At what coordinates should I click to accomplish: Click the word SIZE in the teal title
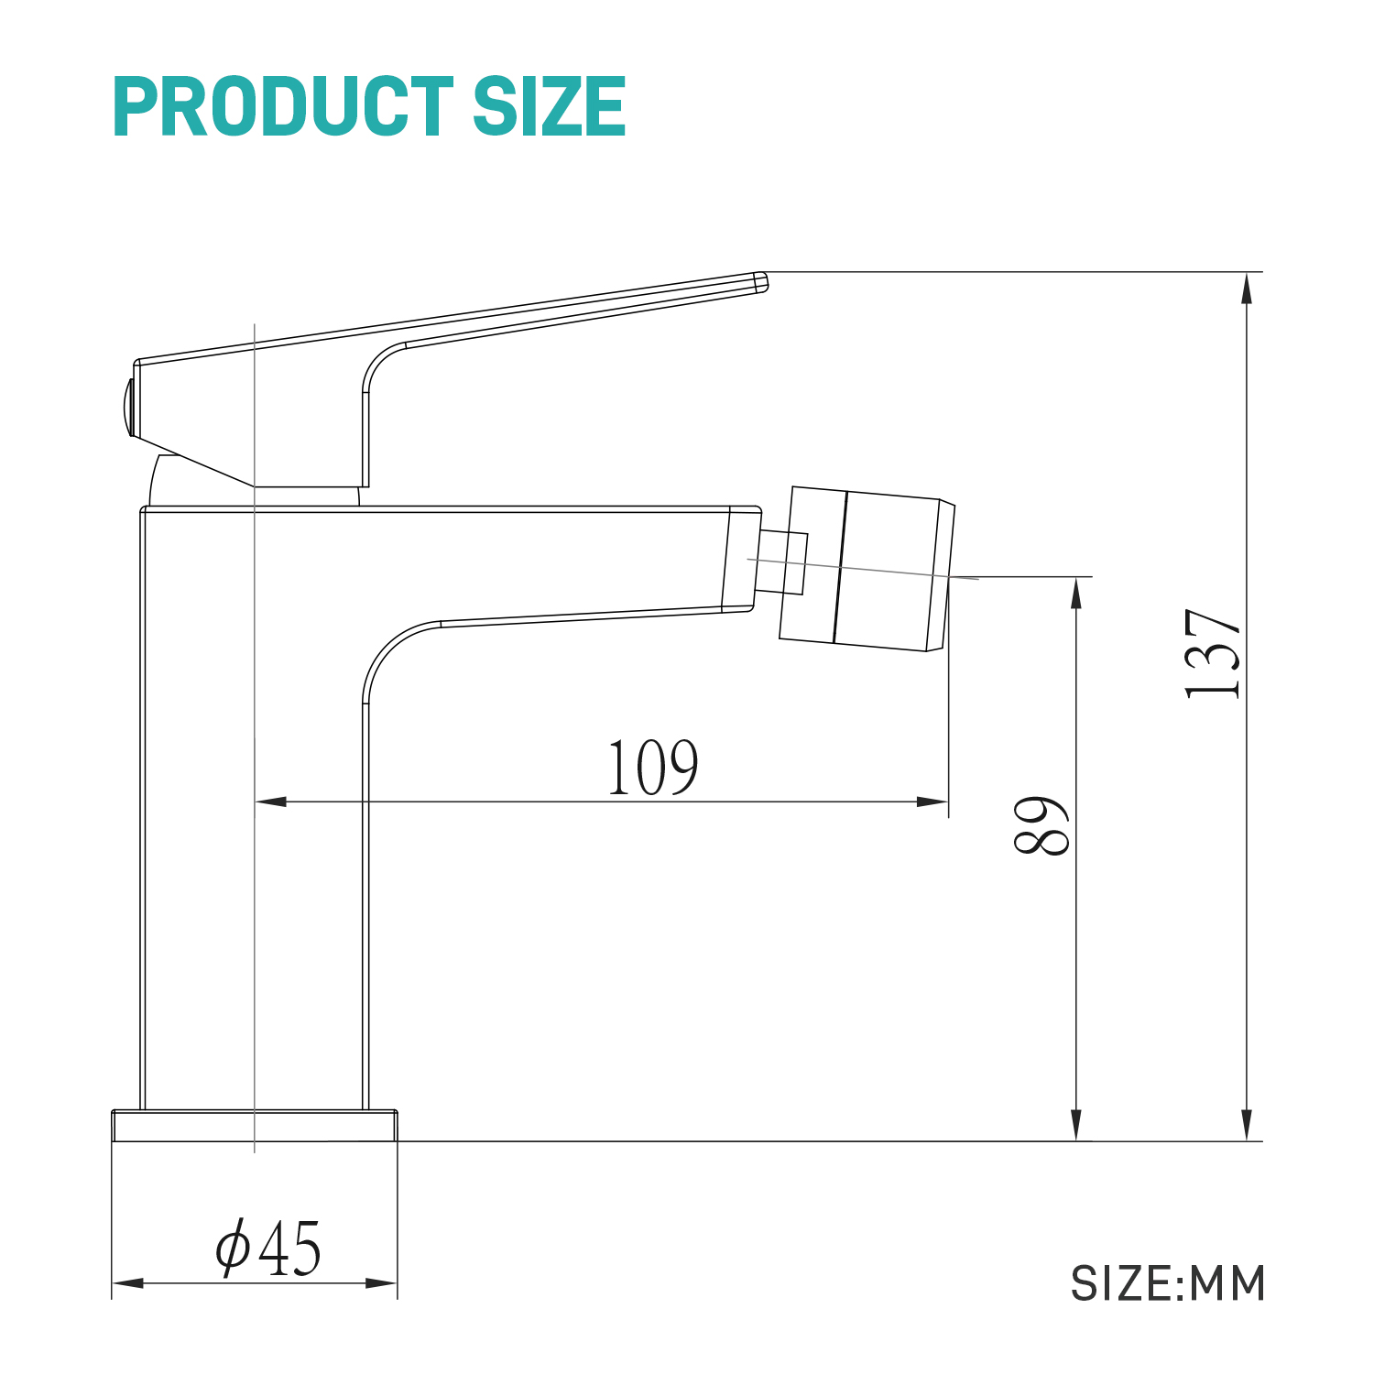point(549,107)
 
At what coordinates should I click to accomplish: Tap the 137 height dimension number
point(1213,653)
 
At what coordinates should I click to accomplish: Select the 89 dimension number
point(1041,825)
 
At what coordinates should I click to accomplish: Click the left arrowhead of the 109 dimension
point(270,801)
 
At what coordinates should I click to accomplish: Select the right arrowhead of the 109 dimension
point(932,801)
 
